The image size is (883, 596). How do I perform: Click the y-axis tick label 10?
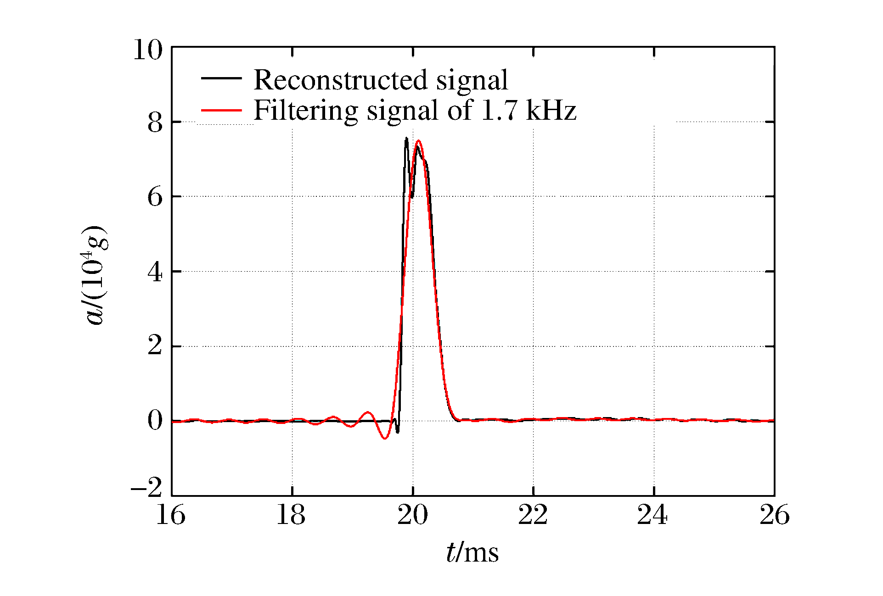(148, 50)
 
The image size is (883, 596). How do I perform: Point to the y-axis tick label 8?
(155, 123)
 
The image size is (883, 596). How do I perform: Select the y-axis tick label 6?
(155, 197)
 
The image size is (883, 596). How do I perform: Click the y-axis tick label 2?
(155, 346)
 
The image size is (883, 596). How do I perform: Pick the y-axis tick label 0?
(155, 420)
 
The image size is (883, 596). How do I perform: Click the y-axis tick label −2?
(147, 487)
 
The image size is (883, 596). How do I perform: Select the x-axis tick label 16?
(171, 515)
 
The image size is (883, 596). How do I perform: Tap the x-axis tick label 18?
(291, 515)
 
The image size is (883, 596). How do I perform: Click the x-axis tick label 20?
(412, 515)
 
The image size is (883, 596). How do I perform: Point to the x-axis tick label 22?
(533, 515)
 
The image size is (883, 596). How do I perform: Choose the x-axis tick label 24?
(652, 515)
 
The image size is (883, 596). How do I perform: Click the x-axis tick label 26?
(775, 515)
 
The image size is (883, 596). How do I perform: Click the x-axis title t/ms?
(472, 552)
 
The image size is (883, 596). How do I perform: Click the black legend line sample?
(221, 78)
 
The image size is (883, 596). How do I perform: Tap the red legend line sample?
(221, 110)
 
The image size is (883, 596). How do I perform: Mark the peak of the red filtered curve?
(418, 141)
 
